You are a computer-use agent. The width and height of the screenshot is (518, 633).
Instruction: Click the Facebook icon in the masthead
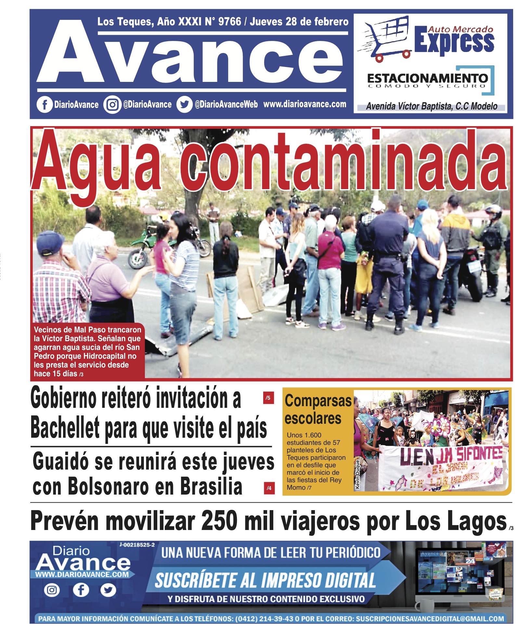[x=45, y=105]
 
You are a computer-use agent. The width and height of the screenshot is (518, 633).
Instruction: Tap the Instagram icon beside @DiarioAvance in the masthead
[x=112, y=105]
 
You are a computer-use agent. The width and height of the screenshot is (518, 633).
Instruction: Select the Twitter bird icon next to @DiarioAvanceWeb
[x=184, y=105]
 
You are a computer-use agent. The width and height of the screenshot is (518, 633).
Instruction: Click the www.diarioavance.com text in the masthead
[x=304, y=104]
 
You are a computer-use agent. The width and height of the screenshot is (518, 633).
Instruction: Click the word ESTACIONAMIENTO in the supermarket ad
[x=427, y=78]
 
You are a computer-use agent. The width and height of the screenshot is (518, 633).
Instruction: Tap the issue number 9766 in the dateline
[x=229, y=22]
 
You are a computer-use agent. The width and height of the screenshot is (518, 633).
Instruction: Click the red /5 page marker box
[x=268, y=398]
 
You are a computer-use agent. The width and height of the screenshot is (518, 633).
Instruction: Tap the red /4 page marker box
[x=269, y=488]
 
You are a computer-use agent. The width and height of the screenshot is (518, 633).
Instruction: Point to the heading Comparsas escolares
[x=317, y=409]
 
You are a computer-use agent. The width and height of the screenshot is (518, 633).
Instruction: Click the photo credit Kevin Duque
[x=357, y=474]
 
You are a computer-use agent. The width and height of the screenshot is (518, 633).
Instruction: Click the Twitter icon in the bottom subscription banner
[x=108, y=590]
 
